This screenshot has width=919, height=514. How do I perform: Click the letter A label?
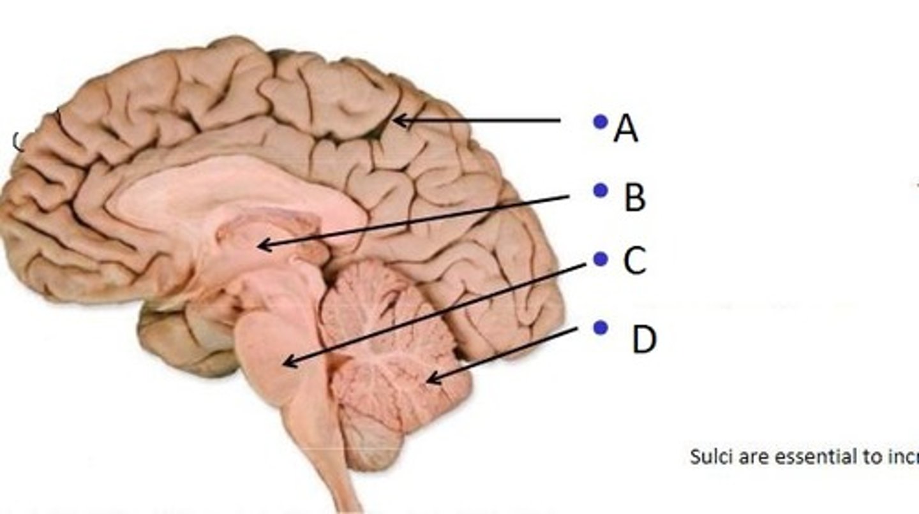pyautogui.click(x=625, y=129)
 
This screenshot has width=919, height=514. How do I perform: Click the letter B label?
pyautogui.click(x=634, y=198)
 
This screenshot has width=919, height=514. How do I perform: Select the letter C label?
pyautogui.click(x=634, y=261)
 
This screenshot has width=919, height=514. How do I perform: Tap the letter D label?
pyautogui.click(x=644, y=340)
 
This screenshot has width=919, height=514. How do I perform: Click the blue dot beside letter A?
pyautogui.click(x=599, y=121)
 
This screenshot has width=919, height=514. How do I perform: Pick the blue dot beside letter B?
pyautogui.click(x=599, y=190)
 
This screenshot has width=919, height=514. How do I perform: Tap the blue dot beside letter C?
pyautogui.click(x=600, y=258)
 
